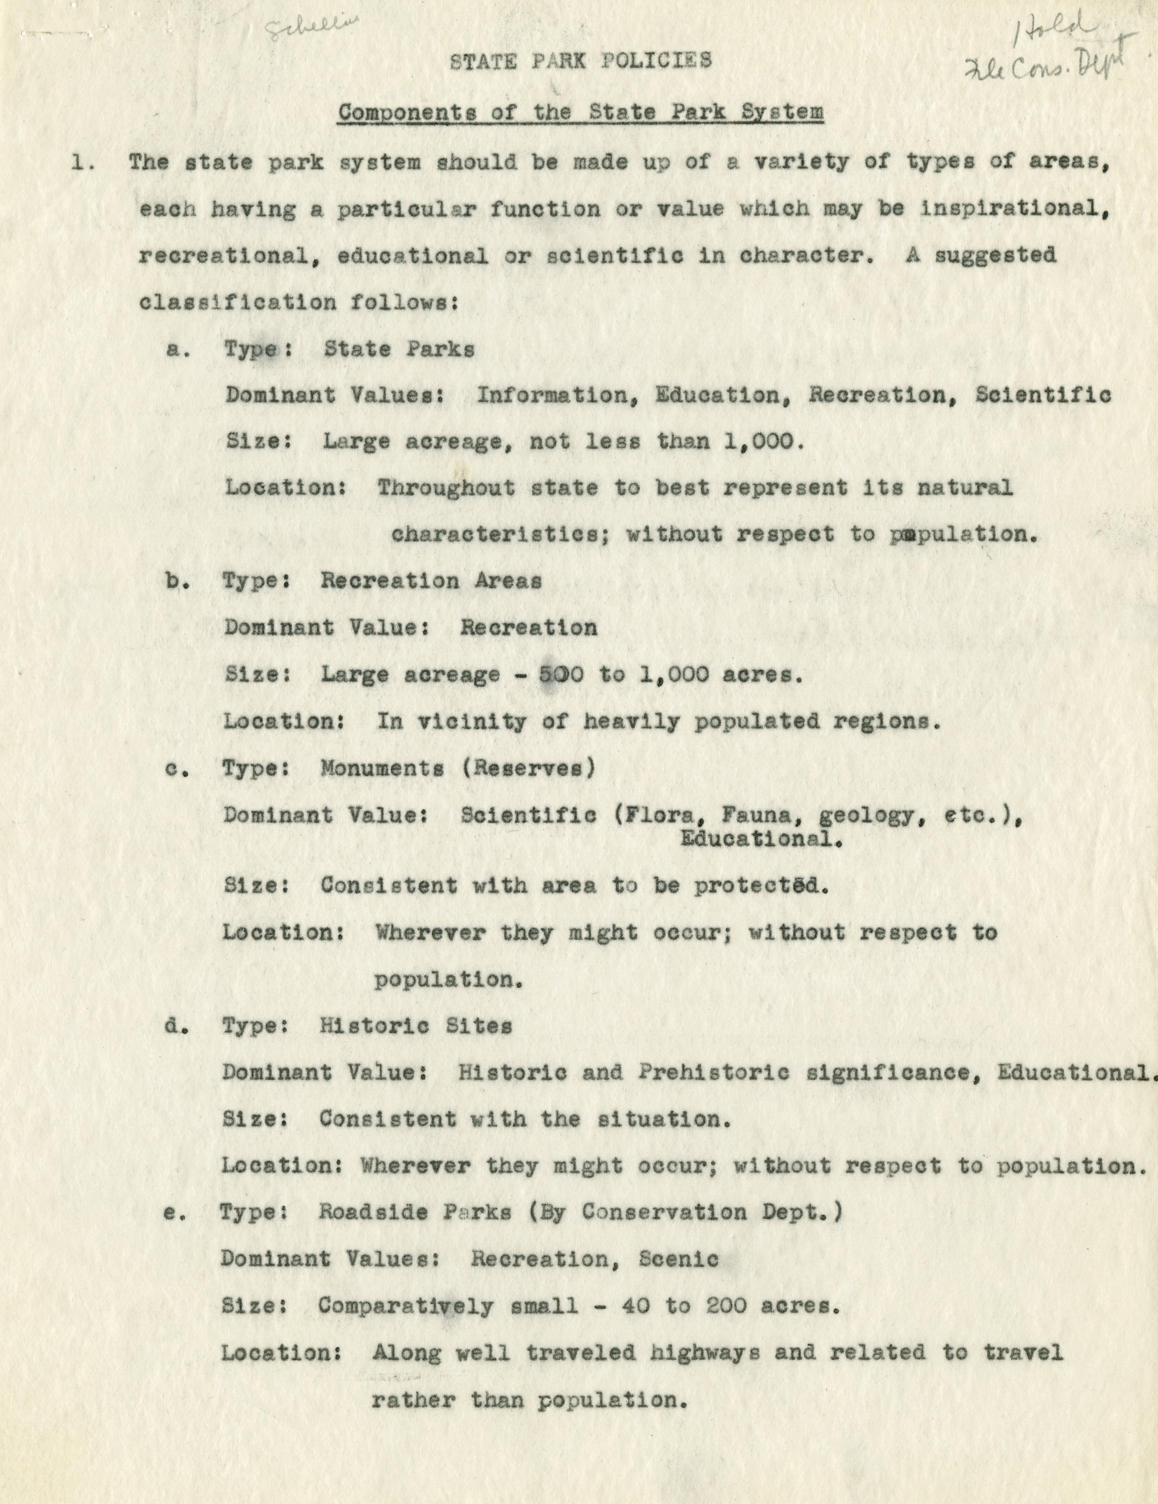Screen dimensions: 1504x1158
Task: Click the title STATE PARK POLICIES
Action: click(580, 61)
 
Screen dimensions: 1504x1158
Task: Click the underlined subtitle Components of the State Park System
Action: click(580, 112)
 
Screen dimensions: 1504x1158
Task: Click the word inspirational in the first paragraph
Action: click(1013, 209)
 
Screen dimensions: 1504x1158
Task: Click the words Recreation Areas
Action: click(431, 581)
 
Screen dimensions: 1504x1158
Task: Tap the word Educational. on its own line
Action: click(761, 839)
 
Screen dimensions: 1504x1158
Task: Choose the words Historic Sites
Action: click(416, 1026)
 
